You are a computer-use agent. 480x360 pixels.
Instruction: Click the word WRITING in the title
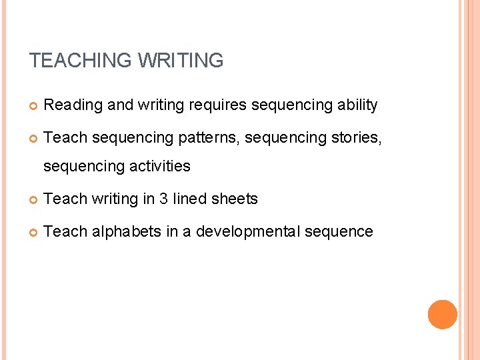[x=181, y=61]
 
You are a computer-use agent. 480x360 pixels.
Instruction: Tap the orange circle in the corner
[x=443, y=315]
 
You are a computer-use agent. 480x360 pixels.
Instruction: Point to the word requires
[x=219, y=105]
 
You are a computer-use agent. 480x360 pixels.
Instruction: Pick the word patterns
[x=209, y=138]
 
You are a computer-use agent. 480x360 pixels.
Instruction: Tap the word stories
[x=357, y=138]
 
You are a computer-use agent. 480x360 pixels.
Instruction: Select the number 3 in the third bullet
[x=163, y=199]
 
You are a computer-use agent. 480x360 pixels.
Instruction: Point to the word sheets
[x=236, y=199]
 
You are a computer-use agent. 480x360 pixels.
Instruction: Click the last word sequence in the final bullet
[x=339, y=231]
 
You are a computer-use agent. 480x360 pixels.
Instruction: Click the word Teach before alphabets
[x=65, y=231]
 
